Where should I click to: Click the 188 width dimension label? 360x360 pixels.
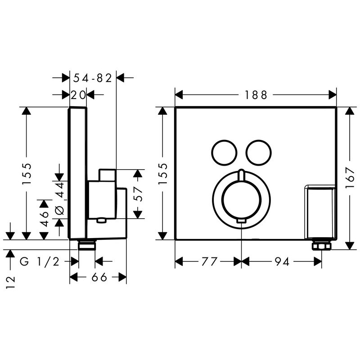pos(256,95)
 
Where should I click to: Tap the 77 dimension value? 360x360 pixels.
pos(209,261)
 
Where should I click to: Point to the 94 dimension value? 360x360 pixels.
pos(282,261)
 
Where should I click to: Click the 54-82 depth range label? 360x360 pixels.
pos(93,78)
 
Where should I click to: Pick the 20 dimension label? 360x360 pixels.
pos(78,95)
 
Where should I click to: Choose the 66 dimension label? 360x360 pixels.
pos(99,277)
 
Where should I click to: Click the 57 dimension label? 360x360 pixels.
pos(138,194)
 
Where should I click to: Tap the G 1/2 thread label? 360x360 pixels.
pos(40,261)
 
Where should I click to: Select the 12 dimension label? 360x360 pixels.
pos(10,282)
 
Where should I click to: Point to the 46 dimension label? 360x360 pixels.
pos(44,219)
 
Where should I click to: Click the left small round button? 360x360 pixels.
pos(224,153)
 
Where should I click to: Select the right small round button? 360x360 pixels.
pos(258,153)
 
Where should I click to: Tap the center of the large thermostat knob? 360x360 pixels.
pos(241,199)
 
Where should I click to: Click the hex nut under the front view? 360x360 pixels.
pos(321,246)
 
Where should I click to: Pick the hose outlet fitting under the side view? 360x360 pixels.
pos(87,245)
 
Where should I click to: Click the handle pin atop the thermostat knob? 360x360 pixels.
pos(241,175)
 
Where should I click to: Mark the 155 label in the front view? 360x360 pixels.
pos(163,174)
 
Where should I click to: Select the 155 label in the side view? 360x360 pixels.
pos(26,174)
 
